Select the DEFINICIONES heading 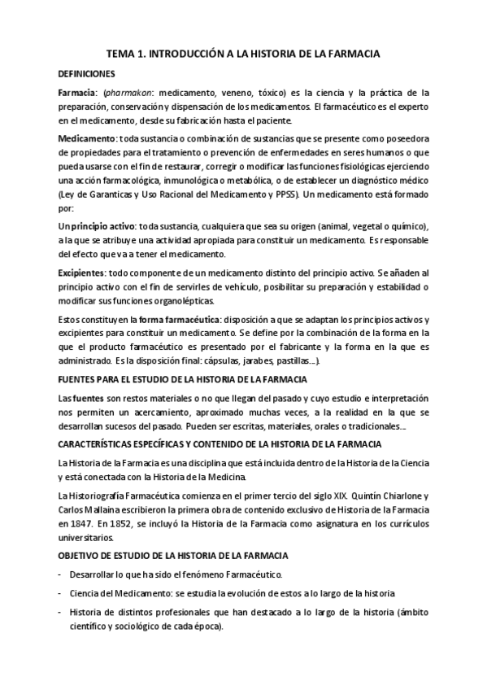[x=92, y=73]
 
